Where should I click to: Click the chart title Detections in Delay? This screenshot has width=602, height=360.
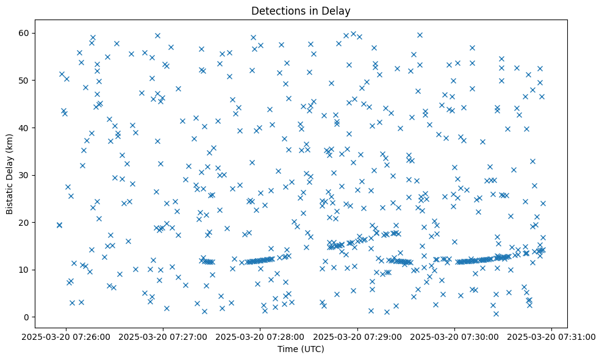tap(301, 10)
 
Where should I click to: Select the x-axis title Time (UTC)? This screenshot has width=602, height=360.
tap(301, 349)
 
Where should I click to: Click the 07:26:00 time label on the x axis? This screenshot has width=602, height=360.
tap(66, 336)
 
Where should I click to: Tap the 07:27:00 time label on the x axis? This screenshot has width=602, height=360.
tap(163, 336)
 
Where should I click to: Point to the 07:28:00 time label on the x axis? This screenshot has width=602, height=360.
tap(260, 336)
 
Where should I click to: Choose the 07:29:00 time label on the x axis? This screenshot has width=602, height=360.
tap(357, 336)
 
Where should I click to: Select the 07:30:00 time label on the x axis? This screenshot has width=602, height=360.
tap(455, 336)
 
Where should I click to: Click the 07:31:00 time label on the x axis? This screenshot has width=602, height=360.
tap(552, 336)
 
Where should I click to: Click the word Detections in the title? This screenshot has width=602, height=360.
tap(276, 10)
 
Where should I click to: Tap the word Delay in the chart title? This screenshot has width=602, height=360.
tap(338, 10)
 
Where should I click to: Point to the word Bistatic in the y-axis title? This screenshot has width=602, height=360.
tap(10, 195)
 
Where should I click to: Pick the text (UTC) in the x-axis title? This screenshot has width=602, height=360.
tap(312, 349)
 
